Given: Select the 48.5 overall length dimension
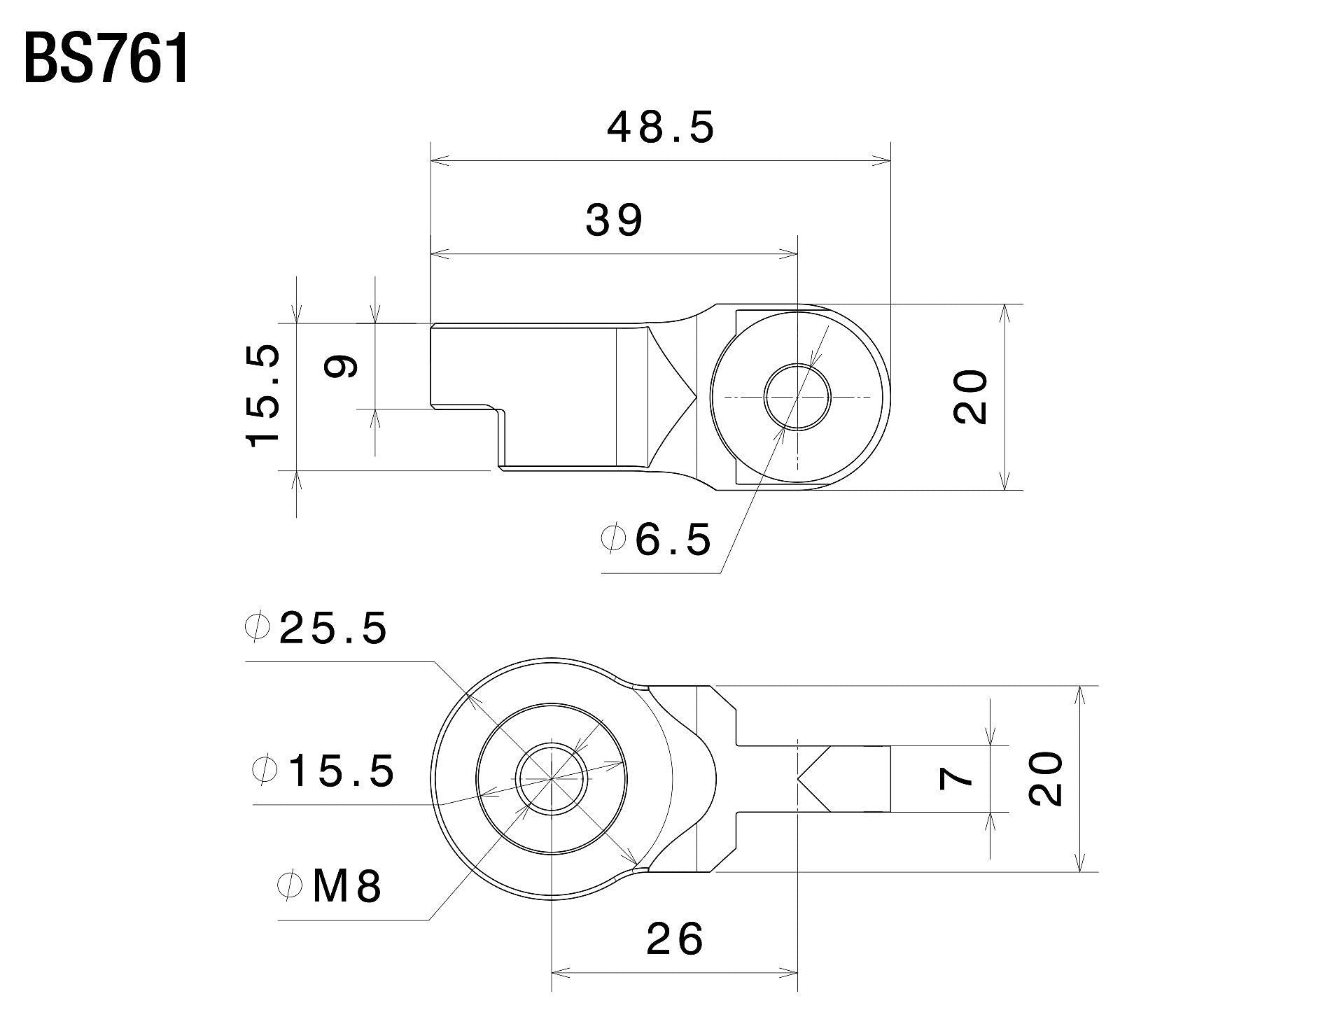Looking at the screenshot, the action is (x=661, y=128).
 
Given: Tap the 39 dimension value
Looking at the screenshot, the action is (x=614, y=220).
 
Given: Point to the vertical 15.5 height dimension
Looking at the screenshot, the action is (x=264, y=395).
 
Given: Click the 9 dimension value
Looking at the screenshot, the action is (x=343, y=365).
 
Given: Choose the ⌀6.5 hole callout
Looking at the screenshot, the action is (x=656, y=539).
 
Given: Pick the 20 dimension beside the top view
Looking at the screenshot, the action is (x=970, y=396).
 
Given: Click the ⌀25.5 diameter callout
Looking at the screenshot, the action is (x=316, y=628).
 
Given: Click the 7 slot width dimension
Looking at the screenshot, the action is (x=956, y=778).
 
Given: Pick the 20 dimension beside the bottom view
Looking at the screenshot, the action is (x=1046, y=778).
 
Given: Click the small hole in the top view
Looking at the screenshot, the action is (x=797, y=396).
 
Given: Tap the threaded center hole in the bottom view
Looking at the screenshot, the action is (x=551, y=778).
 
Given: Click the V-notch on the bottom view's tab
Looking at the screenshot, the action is (x=814, y=778).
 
